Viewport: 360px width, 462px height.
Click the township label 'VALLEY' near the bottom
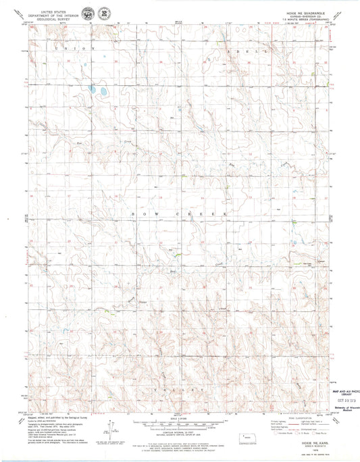(x=180, y=390)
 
